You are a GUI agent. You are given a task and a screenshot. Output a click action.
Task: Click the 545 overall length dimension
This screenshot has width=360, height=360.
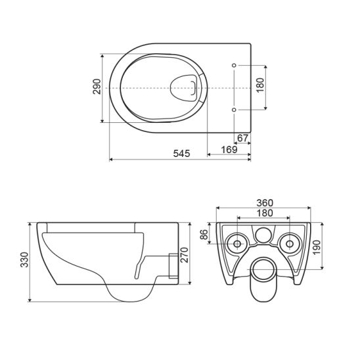[181, 154]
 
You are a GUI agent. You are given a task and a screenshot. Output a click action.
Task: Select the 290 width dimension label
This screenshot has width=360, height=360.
[97, 88]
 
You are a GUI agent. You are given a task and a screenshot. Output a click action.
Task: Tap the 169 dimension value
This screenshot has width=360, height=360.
[229, 150]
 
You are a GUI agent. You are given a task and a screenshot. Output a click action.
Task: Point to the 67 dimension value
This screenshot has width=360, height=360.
[242, 137]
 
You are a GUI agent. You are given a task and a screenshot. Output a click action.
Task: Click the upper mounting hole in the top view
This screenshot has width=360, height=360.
[235, 65]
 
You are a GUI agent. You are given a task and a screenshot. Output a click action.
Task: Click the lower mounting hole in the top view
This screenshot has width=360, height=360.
[235, 109]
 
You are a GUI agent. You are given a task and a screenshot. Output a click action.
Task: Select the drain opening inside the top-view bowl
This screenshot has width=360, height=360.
[185, 87]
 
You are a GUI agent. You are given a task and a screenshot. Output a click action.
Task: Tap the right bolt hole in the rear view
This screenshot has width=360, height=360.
[288, 244]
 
